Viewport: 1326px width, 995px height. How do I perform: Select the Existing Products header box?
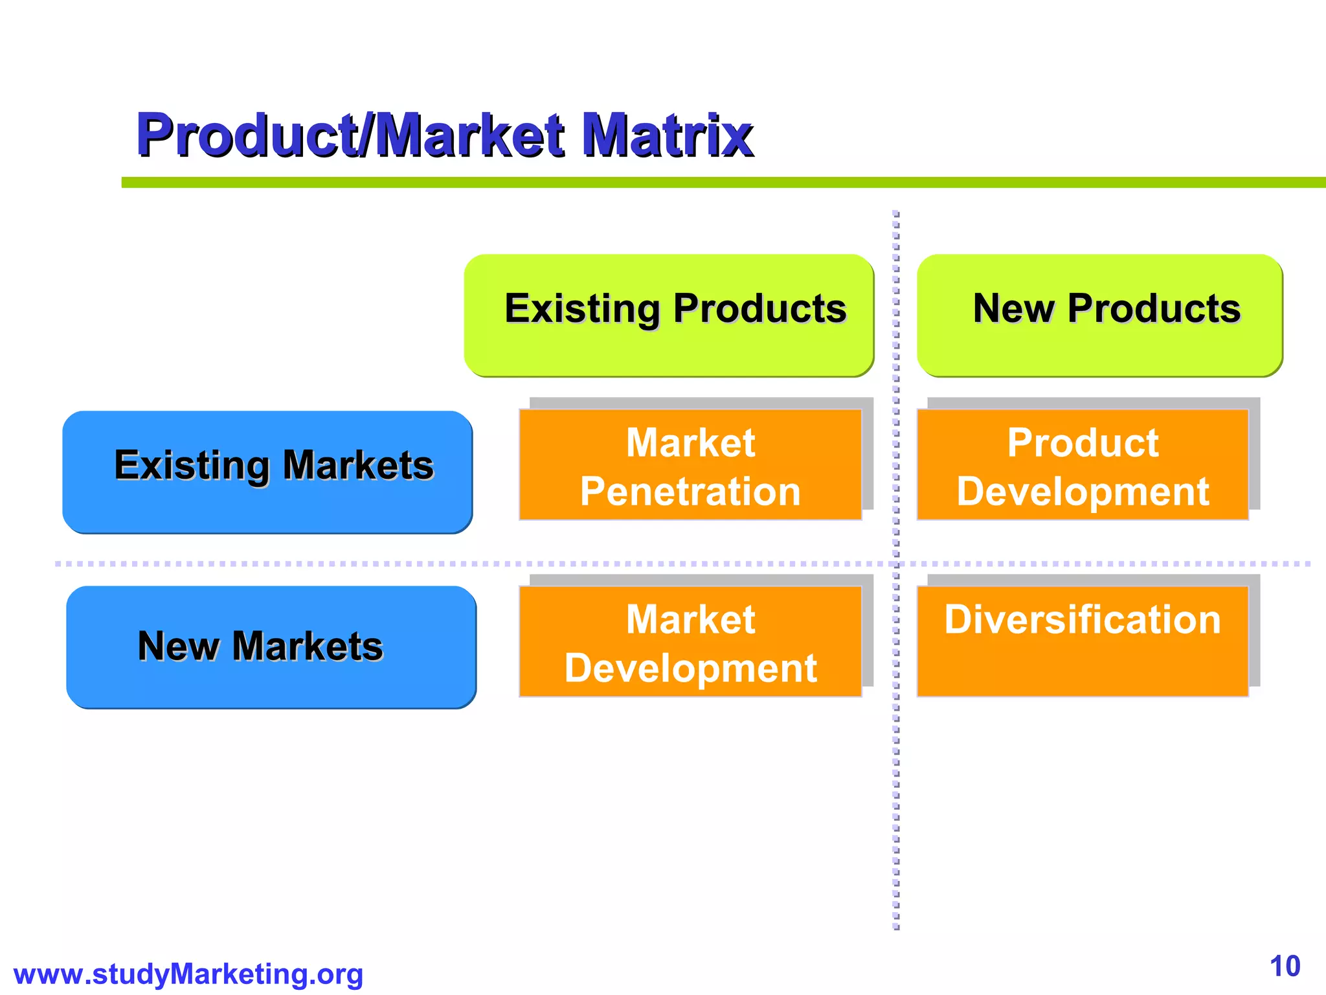click(x=669, y=315)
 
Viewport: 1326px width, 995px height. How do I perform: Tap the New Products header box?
click(x=1099, y=315)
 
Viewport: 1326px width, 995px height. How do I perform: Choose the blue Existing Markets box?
click(x=267, y=472)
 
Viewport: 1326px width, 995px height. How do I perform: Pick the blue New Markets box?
click(x=271, y=646)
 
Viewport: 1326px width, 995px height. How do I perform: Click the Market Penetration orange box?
click(x=690, y=464)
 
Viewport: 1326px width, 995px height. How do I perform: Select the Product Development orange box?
click(x=1083, y=464)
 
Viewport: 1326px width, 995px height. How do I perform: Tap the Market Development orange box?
click(x=690, y=641)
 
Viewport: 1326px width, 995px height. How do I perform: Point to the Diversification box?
click(x=1083, y=641)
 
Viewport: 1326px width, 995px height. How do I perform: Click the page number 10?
click(x=1285, y=966)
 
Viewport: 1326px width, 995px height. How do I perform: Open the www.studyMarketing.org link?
click(x=188, y=974)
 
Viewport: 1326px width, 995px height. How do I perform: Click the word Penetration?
click(x=690, y=491)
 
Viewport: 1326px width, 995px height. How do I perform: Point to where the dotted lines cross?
click(x=896, y=564)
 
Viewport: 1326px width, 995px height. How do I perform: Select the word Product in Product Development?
click(x=1083, y=443)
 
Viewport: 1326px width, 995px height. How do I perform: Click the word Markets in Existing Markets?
click(x=358, y=465)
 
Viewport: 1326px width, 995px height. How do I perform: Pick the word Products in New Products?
click(x=1154, y=308)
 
